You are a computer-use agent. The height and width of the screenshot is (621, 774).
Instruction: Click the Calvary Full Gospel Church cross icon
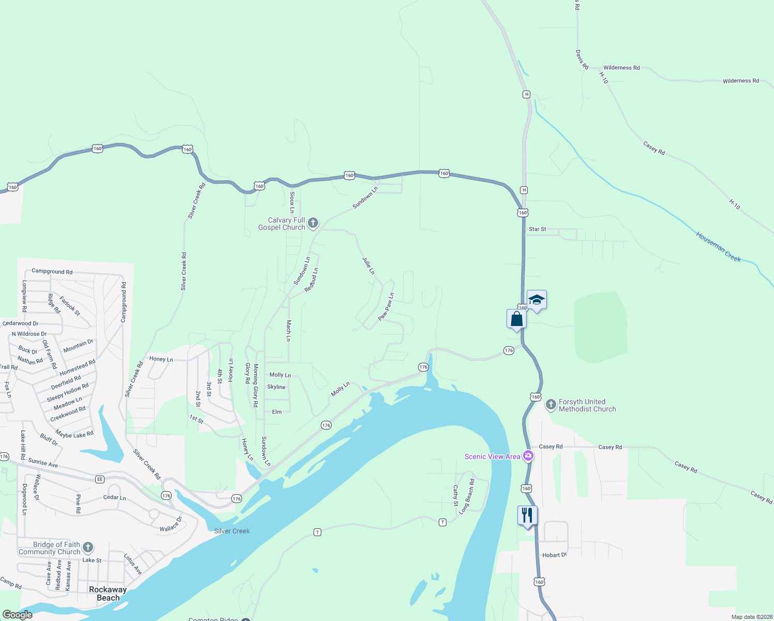click(x=313, y=223)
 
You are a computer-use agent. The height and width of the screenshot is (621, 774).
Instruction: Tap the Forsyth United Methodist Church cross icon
click(x=551, y=404)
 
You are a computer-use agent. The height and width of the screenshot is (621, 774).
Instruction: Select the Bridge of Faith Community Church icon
click(x=88, y=547)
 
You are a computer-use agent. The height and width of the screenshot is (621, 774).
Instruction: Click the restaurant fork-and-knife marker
click(x=527, y=515)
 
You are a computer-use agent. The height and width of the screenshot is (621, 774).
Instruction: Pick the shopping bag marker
click(x=516, y=318)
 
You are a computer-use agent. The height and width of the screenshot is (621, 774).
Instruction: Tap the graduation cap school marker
click(x=537, y=300)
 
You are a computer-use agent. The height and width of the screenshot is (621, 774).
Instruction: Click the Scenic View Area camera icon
click(x=528, y=456)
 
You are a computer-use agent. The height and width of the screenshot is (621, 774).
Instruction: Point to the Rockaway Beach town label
click(x=108, y=594)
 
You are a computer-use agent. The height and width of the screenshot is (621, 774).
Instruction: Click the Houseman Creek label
click(x=718, y=247)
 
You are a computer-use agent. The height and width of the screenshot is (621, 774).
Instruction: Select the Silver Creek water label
click(x=232, y=531)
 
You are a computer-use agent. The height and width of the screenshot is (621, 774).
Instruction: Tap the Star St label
click(x=537, y=229)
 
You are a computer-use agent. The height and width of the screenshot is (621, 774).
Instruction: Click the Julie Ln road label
click(x=368, y=265)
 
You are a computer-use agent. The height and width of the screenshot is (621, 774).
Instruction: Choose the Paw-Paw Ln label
click(x=386, y=307)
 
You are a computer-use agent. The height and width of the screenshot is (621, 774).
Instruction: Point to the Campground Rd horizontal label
click(x=52, y=271)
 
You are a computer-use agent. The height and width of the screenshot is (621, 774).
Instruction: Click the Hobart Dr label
click(x=555, y=555)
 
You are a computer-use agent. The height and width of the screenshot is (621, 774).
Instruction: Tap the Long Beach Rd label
click(x=467, y=496)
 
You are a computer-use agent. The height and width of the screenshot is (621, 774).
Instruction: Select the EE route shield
click(x=100, y=479)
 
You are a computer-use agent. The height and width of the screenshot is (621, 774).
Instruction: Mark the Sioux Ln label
click(x=292, y=202)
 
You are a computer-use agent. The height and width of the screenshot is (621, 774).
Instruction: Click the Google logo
click(x=17, y=615)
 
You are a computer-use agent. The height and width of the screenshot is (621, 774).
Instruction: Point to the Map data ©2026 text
click(x=752, y=617)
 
